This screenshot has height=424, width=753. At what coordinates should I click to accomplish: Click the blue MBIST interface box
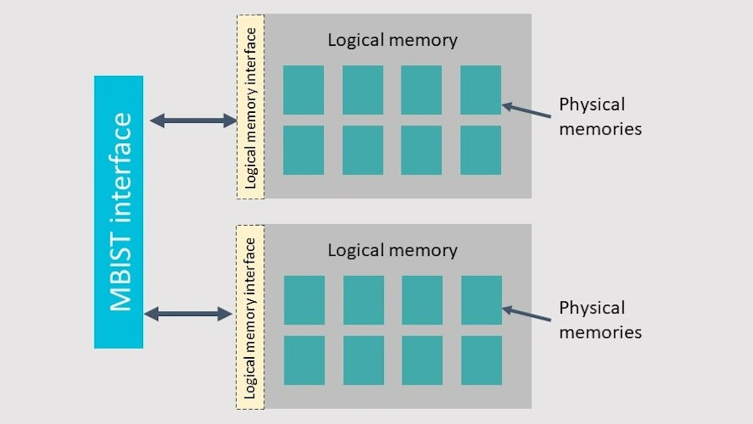(119, 212)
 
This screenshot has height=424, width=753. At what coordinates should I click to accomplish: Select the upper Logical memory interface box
(250, 106)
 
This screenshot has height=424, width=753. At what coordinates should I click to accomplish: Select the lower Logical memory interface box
(250, 317)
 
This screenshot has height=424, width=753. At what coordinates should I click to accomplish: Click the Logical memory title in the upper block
(392, 39)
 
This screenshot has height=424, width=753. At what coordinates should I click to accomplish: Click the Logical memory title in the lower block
(392, 250)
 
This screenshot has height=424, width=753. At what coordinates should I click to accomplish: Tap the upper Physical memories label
(600, 116)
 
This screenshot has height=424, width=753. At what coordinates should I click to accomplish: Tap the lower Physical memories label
(600, 319)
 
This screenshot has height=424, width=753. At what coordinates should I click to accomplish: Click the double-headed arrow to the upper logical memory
(193, 121)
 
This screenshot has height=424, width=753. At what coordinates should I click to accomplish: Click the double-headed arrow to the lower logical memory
(189, 314)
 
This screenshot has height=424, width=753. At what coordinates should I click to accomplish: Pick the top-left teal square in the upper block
(304, 89)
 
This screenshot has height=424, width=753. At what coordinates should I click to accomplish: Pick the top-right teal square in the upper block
(480, 89)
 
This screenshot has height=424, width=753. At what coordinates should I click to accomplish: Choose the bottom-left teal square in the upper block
(304, 151)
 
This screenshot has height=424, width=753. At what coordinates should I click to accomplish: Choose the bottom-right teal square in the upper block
(480, 151)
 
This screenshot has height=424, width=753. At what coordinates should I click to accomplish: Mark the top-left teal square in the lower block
(305, 300)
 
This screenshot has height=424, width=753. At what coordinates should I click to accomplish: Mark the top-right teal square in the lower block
(481, 300)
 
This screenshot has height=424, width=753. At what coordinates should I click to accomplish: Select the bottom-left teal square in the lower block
(305, 360)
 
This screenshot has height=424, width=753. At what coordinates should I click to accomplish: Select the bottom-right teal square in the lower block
(481, 360)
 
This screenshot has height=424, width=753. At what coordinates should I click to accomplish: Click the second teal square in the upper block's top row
(362, 89)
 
